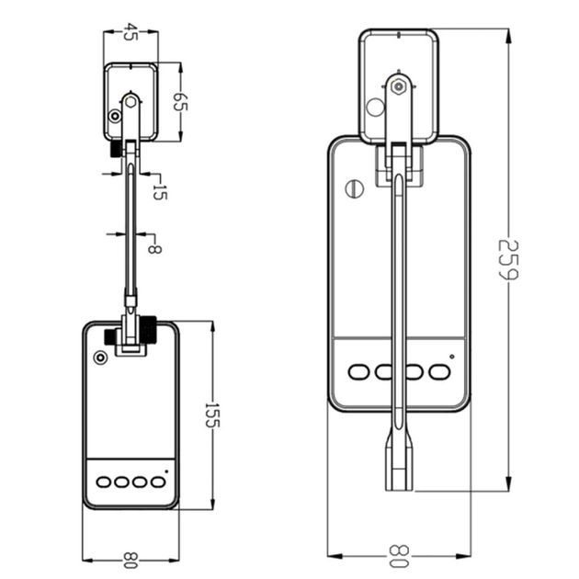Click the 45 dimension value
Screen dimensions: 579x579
(x=131, y=33)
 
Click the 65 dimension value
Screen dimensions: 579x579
(x=179, y=100)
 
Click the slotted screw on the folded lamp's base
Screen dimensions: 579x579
(x=356, y=190)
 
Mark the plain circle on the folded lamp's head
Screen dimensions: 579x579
(x=374, y=107)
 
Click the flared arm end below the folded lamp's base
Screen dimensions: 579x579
(x=399, y=464)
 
